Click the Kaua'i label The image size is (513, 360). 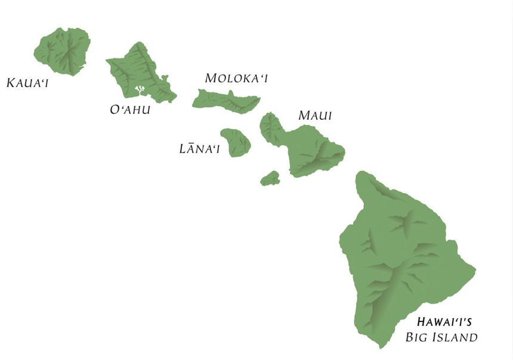[x=27, y=82]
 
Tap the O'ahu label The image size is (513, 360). [x=130, y=110]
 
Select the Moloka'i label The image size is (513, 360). [x=236, y=78]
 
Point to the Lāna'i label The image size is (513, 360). [x=199, y=148]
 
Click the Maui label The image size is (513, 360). [x=315, y=115]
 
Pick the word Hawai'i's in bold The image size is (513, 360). [x=444, y=322]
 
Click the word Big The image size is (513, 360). [x=418, y=338]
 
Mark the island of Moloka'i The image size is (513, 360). [x=225, y=100]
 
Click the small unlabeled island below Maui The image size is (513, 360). [x=270, y=178]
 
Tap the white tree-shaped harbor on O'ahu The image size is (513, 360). [x=141, y=90]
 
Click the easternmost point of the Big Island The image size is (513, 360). [x=475, y=271]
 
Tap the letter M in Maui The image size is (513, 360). [x=304, y=116]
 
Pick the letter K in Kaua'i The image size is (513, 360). [x=10, y=82]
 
